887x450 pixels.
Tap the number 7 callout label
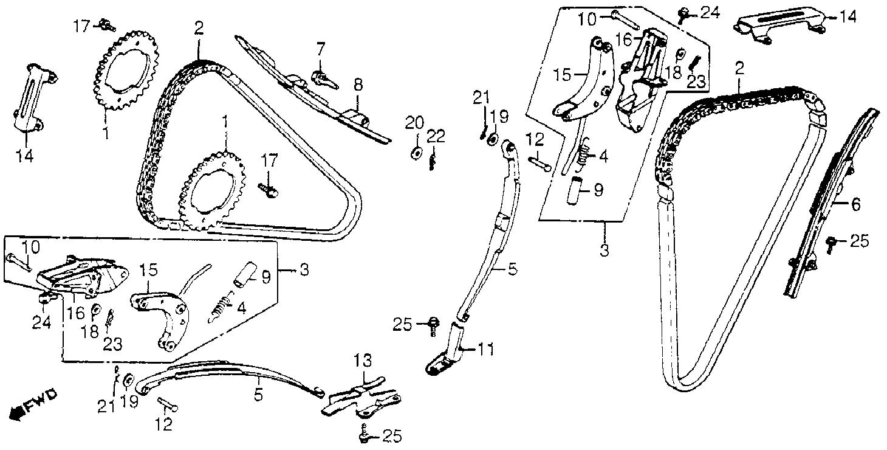pyautogui.click(x=320, y=50)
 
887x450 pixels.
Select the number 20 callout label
pyautogui.click(x=414, y=123)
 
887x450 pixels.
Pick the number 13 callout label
pyautogui.click(x=363, y=361)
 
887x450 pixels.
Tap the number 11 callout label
pyautogui.click(x=486, y=350)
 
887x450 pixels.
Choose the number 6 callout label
pyautogui.click(x=855, y=204)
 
